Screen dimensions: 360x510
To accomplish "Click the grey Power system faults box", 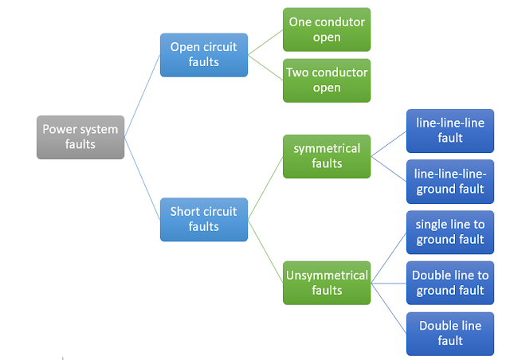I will [x=80, y=137].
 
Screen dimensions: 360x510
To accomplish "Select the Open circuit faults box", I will [x=203, y=54].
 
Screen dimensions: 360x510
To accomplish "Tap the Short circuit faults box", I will [x=203, y=219].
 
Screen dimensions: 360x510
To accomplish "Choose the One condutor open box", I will [x=327, y=29].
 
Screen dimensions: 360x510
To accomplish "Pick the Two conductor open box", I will [x=327, y=80].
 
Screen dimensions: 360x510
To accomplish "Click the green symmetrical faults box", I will [x=327, y=156].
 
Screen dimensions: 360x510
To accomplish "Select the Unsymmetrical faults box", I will [x=327, y=282].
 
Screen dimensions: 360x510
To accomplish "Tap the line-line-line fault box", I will [x=449, y=131].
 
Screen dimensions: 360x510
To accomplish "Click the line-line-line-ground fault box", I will [x=449, y=181].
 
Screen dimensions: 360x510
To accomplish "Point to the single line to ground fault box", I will [x=449, y=232].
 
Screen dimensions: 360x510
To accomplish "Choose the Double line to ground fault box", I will [x=449, y=283].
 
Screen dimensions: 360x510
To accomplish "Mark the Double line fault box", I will [x=449, y=333].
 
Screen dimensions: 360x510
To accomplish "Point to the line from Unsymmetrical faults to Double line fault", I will [x=388, y=307].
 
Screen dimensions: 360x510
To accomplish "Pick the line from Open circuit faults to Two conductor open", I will [x=265, y=67].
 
